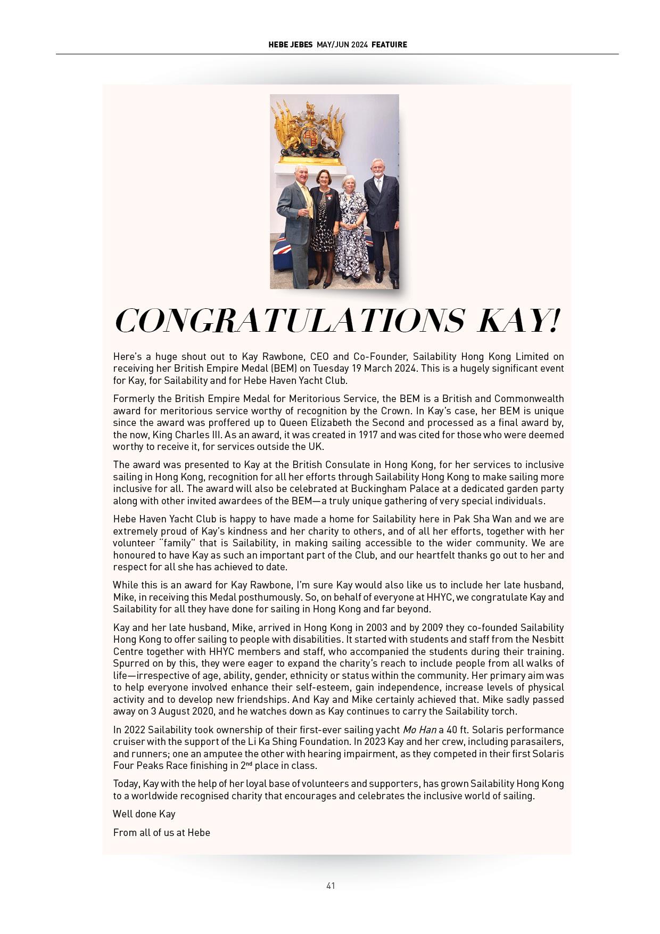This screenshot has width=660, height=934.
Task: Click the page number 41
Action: coord(331,886)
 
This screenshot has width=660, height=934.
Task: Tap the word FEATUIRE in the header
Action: coord(389,45)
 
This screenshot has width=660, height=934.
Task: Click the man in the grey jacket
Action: coord(296,224)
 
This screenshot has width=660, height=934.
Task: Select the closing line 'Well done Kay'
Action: coord(144,814)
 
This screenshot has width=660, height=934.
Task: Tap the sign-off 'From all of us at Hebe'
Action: coord(162,832)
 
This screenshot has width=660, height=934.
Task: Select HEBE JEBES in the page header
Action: coord(291,45)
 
